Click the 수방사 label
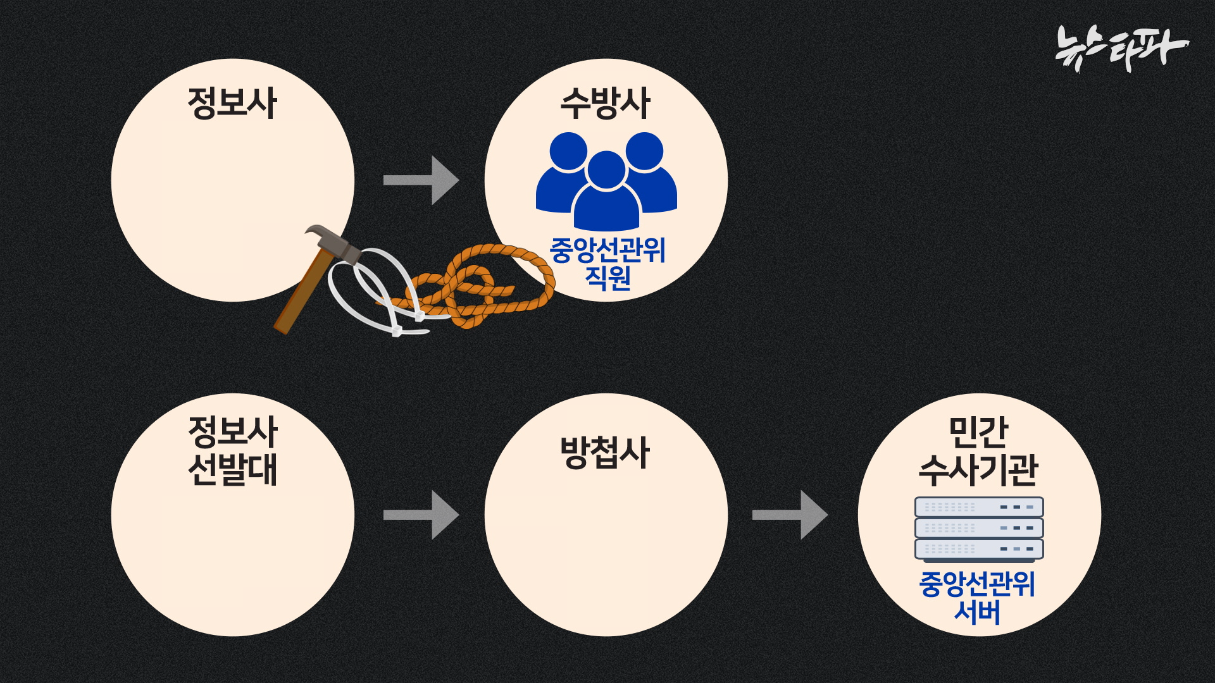[605, 104]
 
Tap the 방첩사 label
[605, 453]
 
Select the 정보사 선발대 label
[233, 450]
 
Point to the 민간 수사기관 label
[978, 452]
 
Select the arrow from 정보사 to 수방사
[421, 180]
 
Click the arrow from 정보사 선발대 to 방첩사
[421, 515]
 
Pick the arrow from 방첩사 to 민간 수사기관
[790, 515]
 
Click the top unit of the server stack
[978, 507]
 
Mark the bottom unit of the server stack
[978, 549]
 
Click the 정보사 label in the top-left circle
[233, 104]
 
